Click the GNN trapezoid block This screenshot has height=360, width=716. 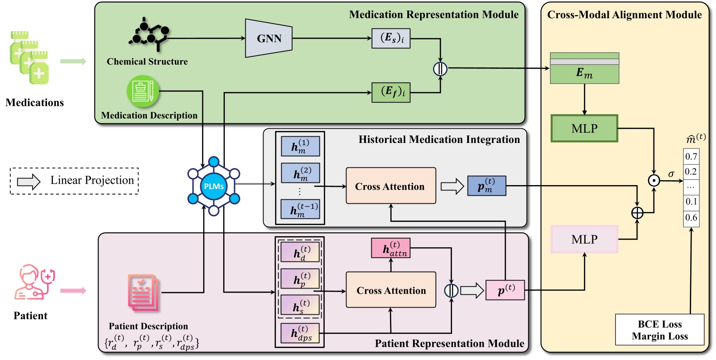269,38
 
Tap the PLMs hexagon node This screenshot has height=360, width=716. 213,186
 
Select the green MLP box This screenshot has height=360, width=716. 584,129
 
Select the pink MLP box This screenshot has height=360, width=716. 584,239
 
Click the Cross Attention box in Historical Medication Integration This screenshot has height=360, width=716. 390,186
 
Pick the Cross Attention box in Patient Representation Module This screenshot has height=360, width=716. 391,290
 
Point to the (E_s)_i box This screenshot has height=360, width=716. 391,38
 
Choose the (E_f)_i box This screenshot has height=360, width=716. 391,92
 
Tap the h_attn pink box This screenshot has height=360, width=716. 390,248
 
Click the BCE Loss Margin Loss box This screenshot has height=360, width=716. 660,330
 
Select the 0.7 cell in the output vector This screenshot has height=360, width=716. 691,156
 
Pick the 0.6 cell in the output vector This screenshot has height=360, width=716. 691,218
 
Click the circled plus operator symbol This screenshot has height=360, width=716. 637,213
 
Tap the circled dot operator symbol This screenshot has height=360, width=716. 653,181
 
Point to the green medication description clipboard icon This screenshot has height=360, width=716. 142,91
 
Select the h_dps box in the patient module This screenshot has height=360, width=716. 300,334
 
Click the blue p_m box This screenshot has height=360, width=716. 486,186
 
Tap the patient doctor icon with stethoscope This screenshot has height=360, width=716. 35,283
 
